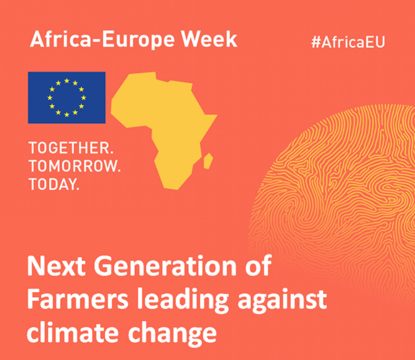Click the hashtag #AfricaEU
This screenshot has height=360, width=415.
pyautogui.click(x=348, y=42)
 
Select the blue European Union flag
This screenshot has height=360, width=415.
pyautogui.click(x=67, y=98)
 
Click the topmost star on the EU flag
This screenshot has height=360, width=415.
pyautogui.click(x=67, y=81)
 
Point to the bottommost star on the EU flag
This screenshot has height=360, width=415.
pyautogui.click(x=67, y=115)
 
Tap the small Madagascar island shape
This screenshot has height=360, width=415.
pyautogui.click(x=209, y=161)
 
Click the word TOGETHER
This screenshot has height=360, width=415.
pyautogui.click(x=71, y=148)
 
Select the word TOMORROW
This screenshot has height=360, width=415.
pyautogui.click(x=75, y=166)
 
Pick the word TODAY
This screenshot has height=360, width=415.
pyautogui.click(x=54, y=184)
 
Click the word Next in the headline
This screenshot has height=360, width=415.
pyautogui.click(x=57, y=266)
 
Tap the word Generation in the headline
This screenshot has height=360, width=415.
pyautogui.click(x=165, y=266)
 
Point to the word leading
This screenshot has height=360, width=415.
pyautogui.click(x=183, y=301)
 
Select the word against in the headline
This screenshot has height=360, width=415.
pyautogui.click(x=282, y=301)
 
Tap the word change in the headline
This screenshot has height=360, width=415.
pyautogui.click(x=172, y=334)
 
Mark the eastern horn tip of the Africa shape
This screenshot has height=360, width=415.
pyautogui.click(x=217, y=115)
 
